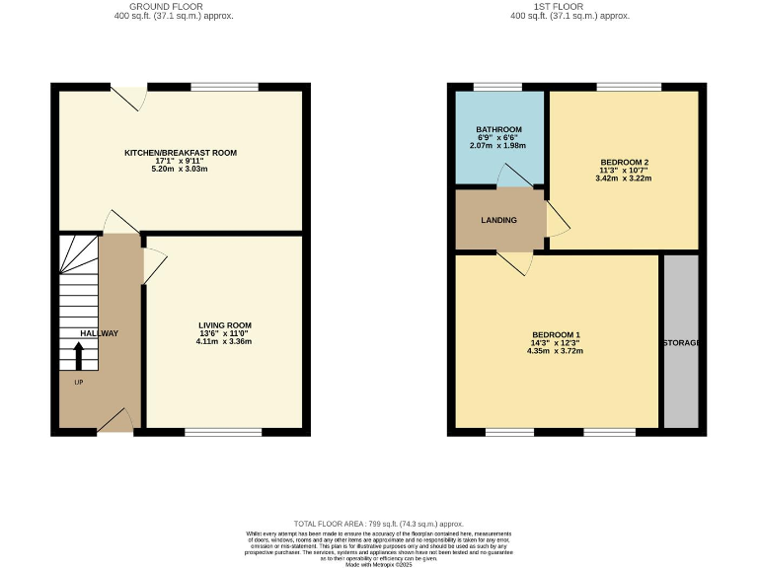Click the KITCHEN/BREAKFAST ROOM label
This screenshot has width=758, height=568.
click(180, 153)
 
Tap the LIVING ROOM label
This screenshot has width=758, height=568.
click(225, 325)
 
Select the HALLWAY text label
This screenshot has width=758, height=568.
click(99, 333)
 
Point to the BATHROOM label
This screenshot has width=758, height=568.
click(497, 129)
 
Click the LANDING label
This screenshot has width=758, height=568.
click(498, 220)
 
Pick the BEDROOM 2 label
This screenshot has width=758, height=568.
click(624, 162)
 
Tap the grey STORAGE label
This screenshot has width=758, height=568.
click(680, 342)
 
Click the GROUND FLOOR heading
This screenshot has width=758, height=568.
click(173, 7)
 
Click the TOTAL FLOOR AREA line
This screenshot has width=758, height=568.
click(379, 524)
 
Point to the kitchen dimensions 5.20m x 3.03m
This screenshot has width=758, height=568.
click(180, 169)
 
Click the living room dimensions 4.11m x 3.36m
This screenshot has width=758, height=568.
click(225, 341)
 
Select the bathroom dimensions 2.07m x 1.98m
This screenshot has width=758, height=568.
click(497, 145)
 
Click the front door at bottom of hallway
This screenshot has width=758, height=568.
click(116, 421)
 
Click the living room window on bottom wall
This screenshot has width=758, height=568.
click(223, 430)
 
